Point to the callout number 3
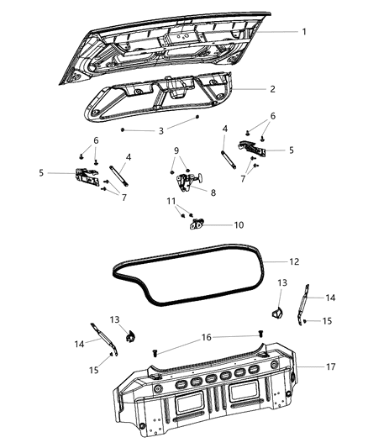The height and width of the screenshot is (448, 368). pos(160,130)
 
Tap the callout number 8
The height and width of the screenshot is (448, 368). pos(212,192)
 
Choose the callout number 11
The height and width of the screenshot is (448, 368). pos(172,202)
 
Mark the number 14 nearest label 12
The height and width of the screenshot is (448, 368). pos(331,297)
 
